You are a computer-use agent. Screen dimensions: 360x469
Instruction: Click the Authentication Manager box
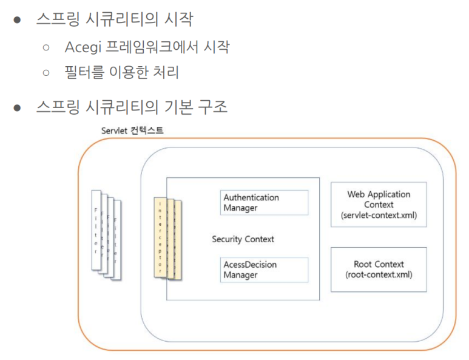tap(264, 203)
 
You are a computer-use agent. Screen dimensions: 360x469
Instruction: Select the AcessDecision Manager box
tap(264, 270)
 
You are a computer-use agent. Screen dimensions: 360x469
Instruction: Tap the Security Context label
tap(243, 239)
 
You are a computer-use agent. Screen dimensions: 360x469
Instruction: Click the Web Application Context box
tap(379, 205)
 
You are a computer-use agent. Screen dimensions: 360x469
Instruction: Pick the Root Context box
tap(379, 269)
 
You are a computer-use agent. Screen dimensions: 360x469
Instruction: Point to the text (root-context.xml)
tap(379, 274)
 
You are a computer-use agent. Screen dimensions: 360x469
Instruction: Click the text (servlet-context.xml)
tap(379, 216)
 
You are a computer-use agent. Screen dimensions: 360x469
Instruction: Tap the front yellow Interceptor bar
tap(160, 237)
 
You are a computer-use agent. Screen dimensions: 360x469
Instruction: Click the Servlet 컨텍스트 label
tap(132, 130)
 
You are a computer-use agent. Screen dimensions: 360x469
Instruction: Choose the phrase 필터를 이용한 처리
tap(121, 73)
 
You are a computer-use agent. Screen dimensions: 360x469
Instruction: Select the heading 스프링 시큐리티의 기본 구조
tap(131, 107)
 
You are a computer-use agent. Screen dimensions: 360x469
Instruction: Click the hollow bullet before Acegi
tap(46, 47)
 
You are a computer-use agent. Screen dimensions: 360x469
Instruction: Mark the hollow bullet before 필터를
tap(46, 73)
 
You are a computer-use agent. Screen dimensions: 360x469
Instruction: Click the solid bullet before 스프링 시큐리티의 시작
tap(18, 20)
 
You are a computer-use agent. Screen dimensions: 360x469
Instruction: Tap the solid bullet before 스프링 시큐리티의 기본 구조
tap(18, 108)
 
